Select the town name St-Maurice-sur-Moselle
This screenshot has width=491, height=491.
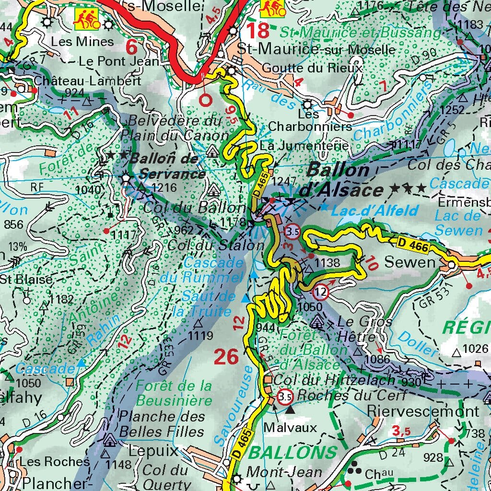(317, 50)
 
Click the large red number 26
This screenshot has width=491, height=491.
(226, 357)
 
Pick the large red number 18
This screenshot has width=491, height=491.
(257, 31)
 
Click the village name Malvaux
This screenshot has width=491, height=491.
(290, 427)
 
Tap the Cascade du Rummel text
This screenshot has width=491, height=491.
(213, 270)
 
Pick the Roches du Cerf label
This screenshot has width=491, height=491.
(352, 395)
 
